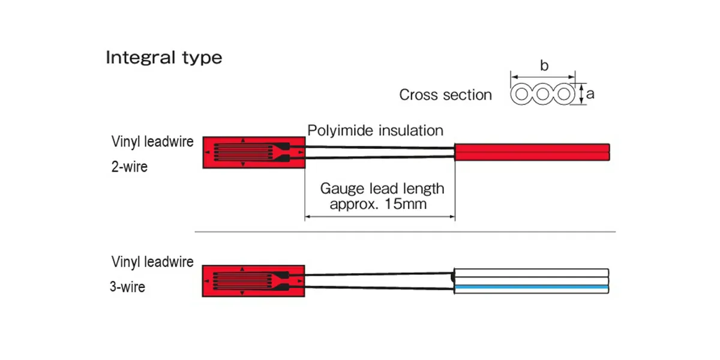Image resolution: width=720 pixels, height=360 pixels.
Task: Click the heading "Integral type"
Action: [164, 58]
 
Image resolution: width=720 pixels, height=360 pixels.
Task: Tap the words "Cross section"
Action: [445, 95]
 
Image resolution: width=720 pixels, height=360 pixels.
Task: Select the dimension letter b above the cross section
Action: [544, 66]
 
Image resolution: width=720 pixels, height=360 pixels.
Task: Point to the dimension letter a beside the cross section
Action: [590, 94]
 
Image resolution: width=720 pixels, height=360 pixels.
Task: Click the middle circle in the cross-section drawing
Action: [543, 95]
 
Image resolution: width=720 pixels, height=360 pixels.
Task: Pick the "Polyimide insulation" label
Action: [376, 130]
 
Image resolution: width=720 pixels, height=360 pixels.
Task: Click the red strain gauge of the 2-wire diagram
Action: [254, 152]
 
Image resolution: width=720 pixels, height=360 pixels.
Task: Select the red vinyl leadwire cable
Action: [533, 152]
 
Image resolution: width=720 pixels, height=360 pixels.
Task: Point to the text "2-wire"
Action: [129, 167]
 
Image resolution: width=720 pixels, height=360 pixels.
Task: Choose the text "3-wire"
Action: [127, 287]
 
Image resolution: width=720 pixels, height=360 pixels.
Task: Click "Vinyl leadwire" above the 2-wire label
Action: [152, 142]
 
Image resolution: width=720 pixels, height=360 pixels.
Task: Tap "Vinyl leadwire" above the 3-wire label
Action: [152, 262]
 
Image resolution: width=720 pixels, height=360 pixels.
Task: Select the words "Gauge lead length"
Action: [382, 188]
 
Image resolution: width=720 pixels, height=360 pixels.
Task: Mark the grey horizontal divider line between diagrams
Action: [405, 232]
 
